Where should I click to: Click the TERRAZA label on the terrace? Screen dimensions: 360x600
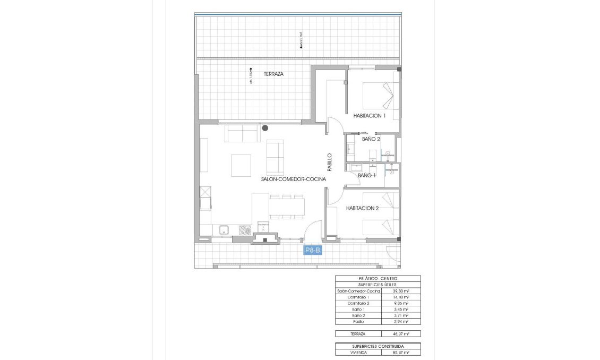[273, 74]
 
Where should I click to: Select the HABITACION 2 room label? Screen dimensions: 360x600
[362, 209]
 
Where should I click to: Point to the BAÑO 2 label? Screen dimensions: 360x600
[371, 140]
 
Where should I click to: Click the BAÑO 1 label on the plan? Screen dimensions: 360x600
[367, 175]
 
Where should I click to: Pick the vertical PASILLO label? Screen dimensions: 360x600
[329, 162]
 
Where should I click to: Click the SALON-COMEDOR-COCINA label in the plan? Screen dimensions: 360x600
[293, 180]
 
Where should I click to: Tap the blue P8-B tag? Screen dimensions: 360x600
[313, 251]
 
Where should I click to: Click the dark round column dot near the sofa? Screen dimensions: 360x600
[265, 127]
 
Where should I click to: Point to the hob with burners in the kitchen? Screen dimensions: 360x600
[246, 230]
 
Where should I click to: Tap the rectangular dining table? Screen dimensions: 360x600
[287, 207]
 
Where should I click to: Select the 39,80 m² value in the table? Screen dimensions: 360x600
[400, 292]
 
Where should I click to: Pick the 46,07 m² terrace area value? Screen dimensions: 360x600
[400, 333]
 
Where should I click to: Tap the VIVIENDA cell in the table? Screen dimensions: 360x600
[358, 352]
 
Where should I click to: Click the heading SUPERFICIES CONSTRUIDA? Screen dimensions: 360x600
[378, 346]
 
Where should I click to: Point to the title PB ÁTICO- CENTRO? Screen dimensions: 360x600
[378, 279]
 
